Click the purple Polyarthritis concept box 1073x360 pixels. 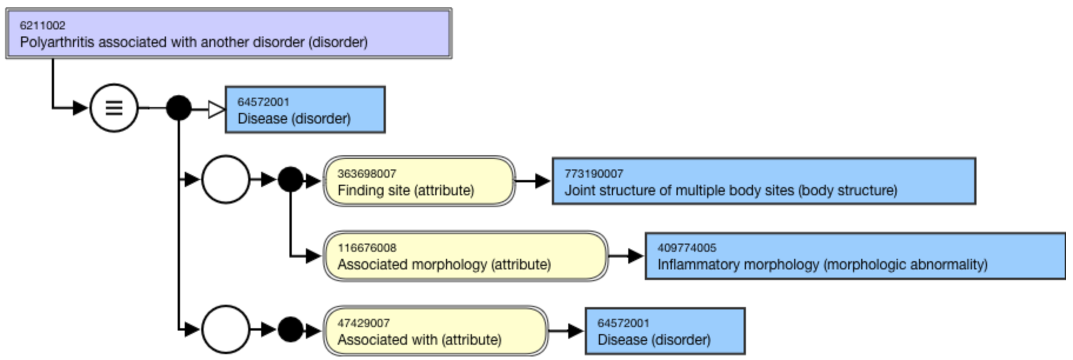(x=228, y=34)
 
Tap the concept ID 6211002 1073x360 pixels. (x=42, y=25)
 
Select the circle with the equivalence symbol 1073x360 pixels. (x=114, y=108)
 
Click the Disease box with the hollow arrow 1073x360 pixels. (x=305, y=110)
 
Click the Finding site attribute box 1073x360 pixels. (x=419, y=181)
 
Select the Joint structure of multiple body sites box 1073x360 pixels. (x=763, y=181)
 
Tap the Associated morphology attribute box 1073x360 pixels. (x=465, y=256)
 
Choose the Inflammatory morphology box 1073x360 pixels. (x=855, y=256)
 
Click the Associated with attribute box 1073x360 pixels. (x=435, y=331)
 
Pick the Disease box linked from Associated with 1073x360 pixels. (x=665, y=331)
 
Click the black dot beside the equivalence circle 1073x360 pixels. (x=178, y=108)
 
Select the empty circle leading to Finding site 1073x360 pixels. (x=225, y=179)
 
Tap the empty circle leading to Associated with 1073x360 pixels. (x=225, y=329)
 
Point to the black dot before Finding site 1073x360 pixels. (x=290, y=179)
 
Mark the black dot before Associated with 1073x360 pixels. (x=290, y=329)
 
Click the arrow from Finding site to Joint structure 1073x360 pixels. (x=534, y=181)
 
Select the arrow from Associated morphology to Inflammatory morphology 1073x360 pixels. (x=627, y=256)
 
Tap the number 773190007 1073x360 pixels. (x=594, y=174)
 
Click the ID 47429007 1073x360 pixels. (x=364, y=323)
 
